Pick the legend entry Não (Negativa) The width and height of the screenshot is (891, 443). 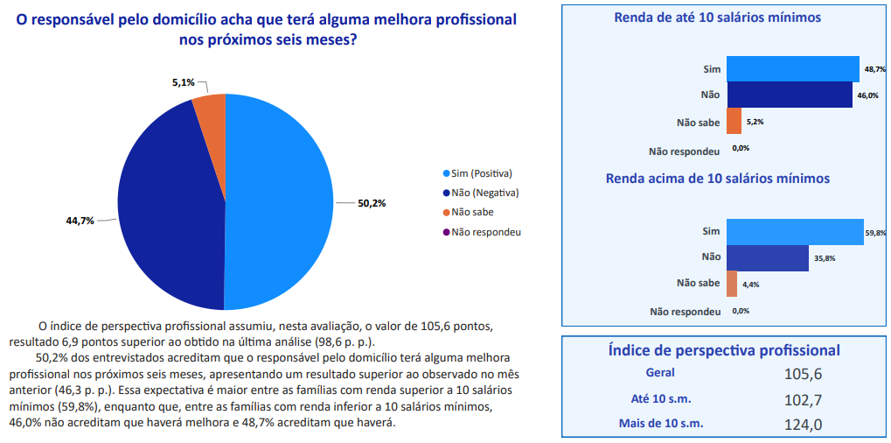(481, 193)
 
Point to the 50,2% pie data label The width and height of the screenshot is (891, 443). (372, 203)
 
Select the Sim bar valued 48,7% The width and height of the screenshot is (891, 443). (792, 68)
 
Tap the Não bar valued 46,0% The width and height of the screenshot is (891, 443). (789, 95)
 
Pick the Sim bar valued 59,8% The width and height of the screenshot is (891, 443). (794, 231)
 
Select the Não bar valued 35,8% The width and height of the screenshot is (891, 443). (767, 257)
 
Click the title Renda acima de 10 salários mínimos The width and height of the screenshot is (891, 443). (717, 179)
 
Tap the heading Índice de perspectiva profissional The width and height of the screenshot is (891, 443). (724, 350)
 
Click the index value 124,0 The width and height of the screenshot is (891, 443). (804, 425)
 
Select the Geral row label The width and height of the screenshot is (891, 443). (653, 373)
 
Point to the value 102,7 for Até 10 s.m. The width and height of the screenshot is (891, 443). (804, 400)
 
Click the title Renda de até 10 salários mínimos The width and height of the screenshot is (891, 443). (717, 18)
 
